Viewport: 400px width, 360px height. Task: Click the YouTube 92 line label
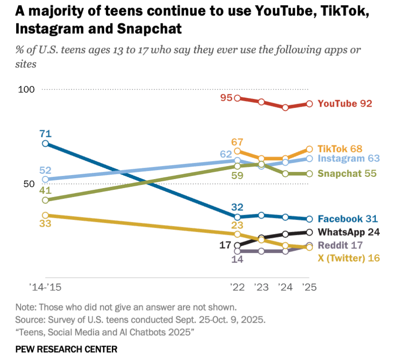pyautogui.click(x=345, y=103)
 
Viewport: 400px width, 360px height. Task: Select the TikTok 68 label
pyautogui.click(x=340, y=148)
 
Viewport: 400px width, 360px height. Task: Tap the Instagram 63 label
pyautogui.click(x=349, y=158)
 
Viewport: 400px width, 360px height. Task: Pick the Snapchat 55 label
pyautogui.click(x=347, y=173)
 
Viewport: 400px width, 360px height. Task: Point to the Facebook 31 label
pyautogui.click(x=347, y=219)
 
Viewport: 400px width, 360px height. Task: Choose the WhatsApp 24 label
pyautogui.click(x=349, y=232)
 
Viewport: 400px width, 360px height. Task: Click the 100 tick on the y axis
pyautogui.click(x=26, y=90)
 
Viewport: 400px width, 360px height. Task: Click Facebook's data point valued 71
pyautogui.click(x=45, y=144)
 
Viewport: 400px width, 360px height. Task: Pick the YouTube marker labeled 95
pyautogui.click(x=237, y=98)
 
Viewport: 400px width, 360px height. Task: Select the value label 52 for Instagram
pyautogui.click(x=45, y=170)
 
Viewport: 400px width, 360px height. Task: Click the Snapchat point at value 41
pyautogui.click(x=45, y=200)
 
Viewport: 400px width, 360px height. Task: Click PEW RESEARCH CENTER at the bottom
pyautogui.click(x=66, y=349)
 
